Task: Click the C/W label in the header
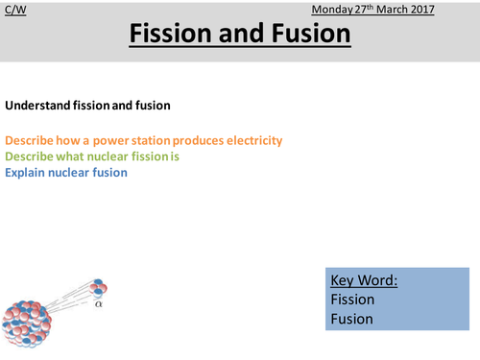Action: click(14, 11)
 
